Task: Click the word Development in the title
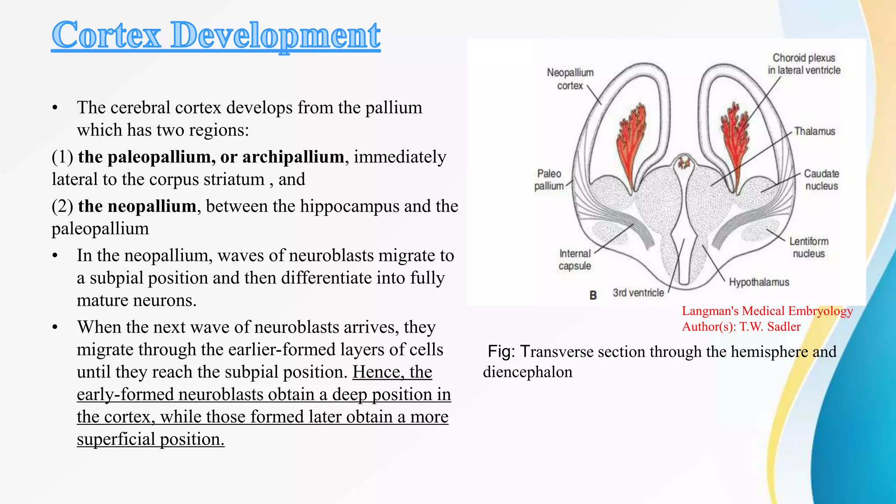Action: click(x=275, y=36)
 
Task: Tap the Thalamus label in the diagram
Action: click(x=814, y=131)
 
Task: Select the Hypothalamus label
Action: click(x=759, y=282)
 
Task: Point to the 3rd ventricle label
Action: click(x=638, y=293)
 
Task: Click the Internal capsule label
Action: click(x=574, y=259)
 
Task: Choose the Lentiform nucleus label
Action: click(x=808, y=247)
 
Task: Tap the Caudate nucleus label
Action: click(x=821, y=179)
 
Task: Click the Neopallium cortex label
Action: click(x=570, y=79)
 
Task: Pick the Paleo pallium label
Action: click(x=549, y=179)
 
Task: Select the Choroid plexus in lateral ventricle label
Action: click(x=804, y=64)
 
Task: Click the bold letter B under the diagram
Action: click(x=593, y=295)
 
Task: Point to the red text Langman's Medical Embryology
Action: click(x=767, y=311)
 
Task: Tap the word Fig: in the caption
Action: click(x=501, y=352)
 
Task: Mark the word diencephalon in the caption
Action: click(x=527, y=372)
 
